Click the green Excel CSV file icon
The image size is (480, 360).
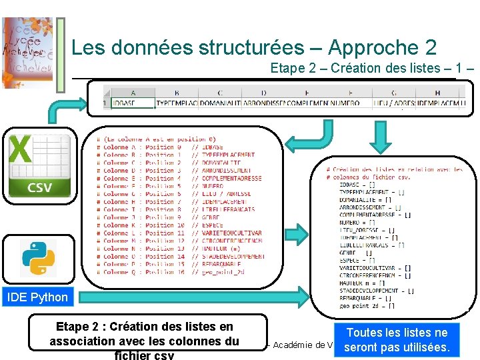39,165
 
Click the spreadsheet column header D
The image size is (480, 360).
263,93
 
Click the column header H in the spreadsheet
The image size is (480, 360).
437,93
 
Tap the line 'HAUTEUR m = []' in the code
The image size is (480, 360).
366,283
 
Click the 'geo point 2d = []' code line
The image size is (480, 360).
367,306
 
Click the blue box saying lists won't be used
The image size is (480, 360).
397,340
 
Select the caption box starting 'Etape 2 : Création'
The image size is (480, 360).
144,337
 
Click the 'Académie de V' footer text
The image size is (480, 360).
301,345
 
